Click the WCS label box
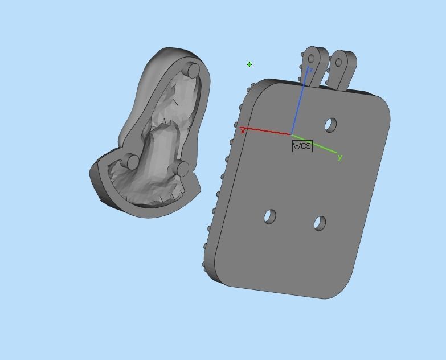(302, 146)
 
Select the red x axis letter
(243, 132)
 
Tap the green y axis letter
(340, 157)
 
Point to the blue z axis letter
(311, 70)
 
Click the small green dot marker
(249, 64)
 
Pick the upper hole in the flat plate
(330, 125)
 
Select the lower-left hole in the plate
(270, 216)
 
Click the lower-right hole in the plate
(320, 223)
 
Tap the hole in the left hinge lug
(311, 59)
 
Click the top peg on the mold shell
(193, 71)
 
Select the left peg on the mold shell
(131, 162)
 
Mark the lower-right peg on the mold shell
(182, 168)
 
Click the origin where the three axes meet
(292, 135)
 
